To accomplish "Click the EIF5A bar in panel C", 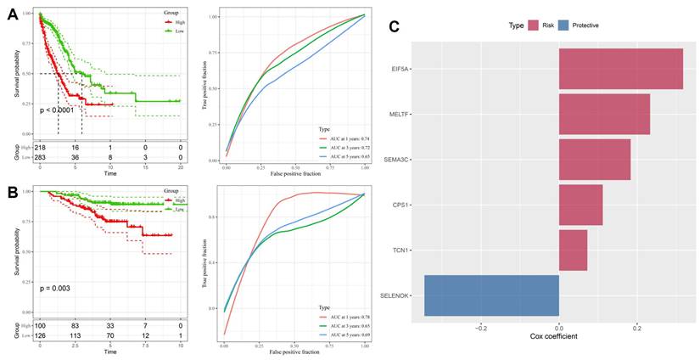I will [x=620, y=69].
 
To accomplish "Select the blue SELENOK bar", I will [x=491, y=295].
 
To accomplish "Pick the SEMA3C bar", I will [x=594, y=160].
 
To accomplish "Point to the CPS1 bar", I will [x=580, y=205].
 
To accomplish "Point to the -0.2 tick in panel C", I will [x=481, y=325].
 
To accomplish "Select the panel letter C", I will [x=394, y=26].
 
